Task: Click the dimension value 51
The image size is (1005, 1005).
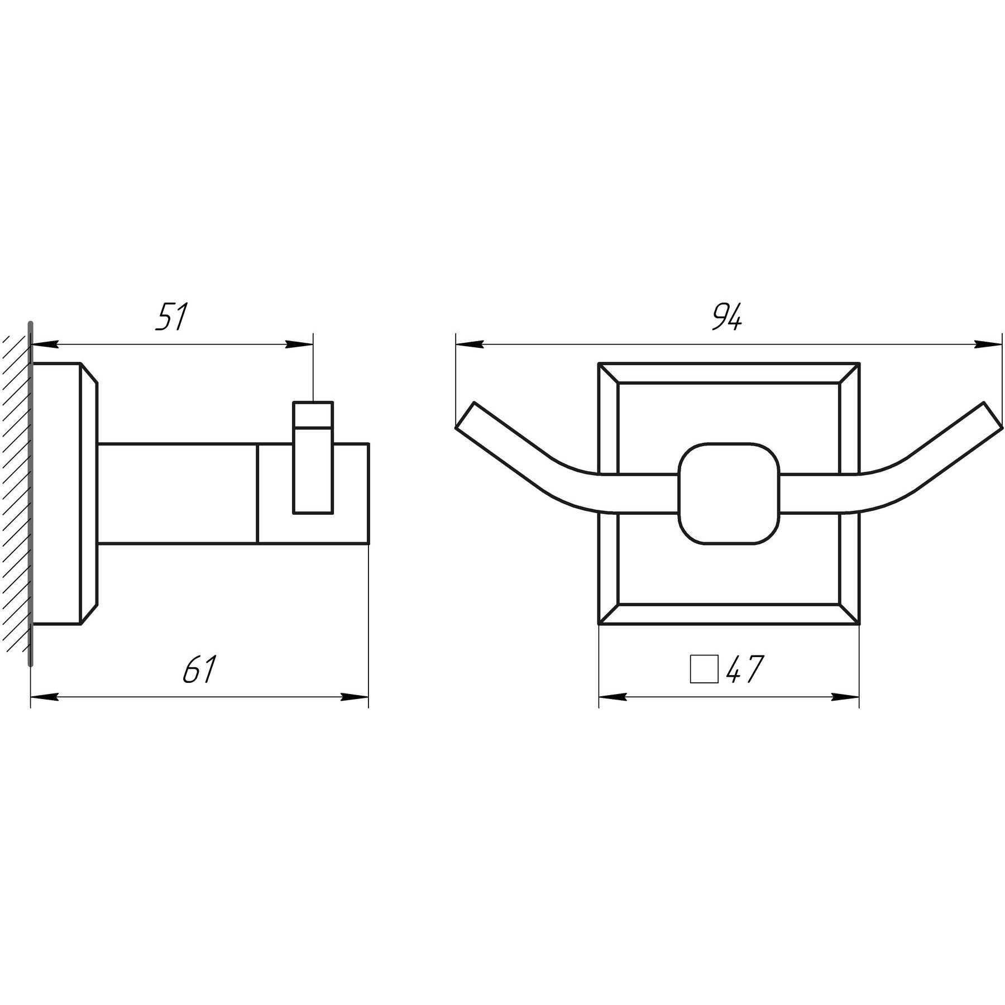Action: (171, 317)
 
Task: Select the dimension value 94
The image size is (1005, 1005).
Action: (727, 317)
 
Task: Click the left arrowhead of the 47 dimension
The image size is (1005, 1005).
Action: (612, 697)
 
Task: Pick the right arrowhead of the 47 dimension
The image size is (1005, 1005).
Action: (845, 697)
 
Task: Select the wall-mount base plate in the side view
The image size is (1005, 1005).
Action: (65, 494)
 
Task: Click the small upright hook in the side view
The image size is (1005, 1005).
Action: (313, 457)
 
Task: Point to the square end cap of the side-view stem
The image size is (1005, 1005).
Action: (313, 494)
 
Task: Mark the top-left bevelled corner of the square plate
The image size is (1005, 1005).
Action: (609, 373)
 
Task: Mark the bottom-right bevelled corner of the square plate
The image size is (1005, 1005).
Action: (849, 614)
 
